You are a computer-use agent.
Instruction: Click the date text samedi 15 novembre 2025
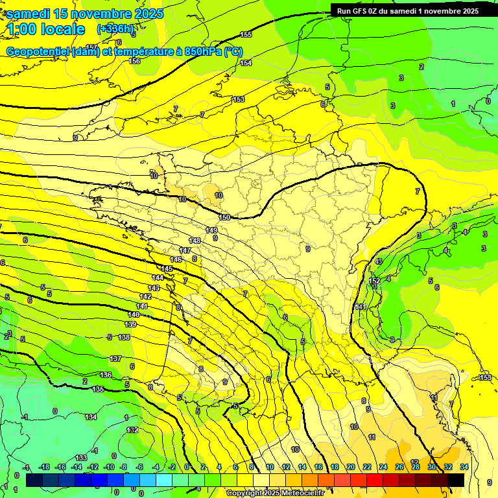pos(84,14)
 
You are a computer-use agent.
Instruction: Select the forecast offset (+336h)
pos(115,29)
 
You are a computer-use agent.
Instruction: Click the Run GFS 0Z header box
pos(408,10)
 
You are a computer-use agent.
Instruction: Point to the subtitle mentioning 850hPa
pos(124,52)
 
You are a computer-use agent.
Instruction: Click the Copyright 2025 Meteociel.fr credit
pos(275,493)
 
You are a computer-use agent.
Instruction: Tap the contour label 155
pos(246,34)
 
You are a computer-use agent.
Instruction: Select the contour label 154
pos(246,63)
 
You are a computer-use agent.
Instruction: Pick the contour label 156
pos(134,62)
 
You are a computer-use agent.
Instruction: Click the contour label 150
pos(224,217)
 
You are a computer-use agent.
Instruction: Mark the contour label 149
pos(211,230)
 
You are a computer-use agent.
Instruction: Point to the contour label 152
pos(375,281)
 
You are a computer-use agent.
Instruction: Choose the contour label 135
pos(98,389)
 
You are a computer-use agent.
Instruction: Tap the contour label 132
pos(132,430)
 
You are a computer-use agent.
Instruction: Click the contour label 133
pos(81,458)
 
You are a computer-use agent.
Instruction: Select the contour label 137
pos(115,359)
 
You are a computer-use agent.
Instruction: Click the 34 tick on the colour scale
pos(464,468)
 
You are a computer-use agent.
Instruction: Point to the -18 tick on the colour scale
pos(44,468)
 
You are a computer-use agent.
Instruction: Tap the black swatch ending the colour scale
pos(456,480)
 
